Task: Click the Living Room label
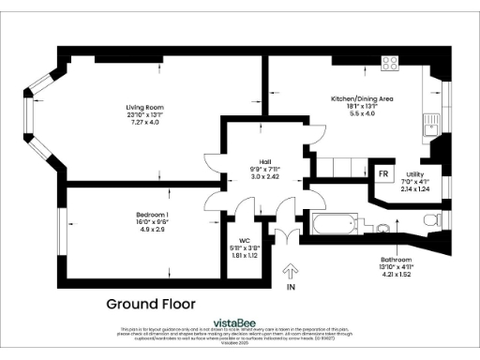click(142, 107)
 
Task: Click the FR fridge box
click(382, 174)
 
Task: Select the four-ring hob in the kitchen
click(391, 63)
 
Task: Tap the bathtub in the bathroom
click(333, 224)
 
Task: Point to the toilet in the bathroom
click(430, 220)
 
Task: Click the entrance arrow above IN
click(290, 273)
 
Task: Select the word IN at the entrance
click(291, 289)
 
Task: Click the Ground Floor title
click(150, 304)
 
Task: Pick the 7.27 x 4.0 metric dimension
click(142, 123)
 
